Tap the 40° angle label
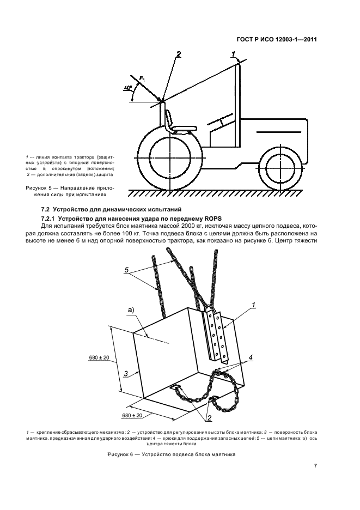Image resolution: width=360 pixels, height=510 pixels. click(x=127, y=87)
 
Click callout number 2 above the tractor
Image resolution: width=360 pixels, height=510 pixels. click(x=178, y=53)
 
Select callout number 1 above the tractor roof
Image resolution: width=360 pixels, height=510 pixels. click(x=234, y=53)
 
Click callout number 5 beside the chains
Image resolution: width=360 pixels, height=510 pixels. click(x=127, y=270)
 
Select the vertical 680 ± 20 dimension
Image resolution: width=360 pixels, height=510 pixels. click(x=99, y=357)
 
